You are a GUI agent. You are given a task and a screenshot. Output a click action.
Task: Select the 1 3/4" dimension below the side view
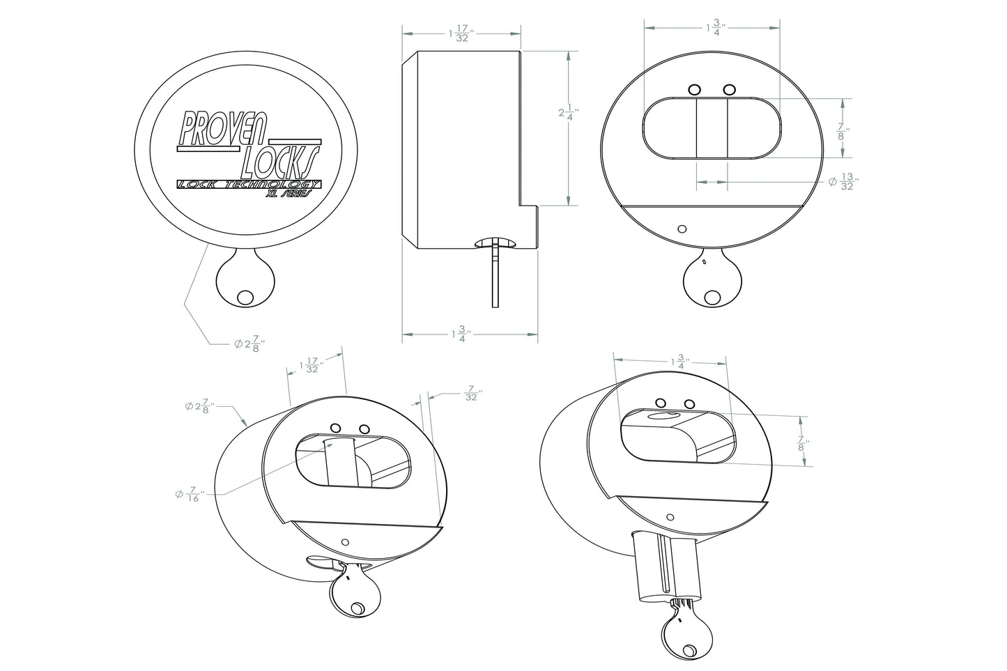click(461, 335)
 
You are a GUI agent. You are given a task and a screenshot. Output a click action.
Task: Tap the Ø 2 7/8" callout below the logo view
click(248, 344)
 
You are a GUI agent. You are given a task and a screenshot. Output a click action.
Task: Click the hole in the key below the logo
click(245, 296)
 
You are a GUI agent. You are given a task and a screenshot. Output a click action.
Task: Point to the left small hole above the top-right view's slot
click(694, 89)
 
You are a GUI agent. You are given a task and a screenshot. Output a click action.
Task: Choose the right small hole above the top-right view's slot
click(729, 89)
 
